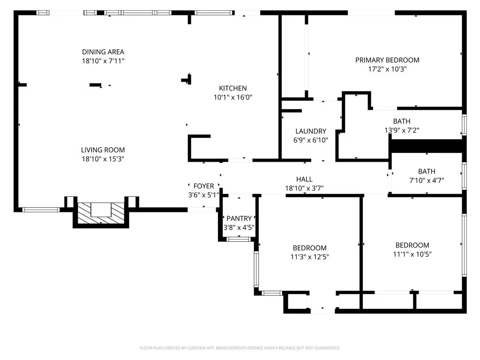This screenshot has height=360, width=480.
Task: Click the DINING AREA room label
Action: (103, 52)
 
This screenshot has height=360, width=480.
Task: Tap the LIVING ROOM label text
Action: (103, 150)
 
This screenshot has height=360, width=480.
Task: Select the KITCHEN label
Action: (233, 88)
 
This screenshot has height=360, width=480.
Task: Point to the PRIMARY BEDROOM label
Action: (387, 60)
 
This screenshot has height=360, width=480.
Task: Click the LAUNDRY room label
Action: (310, 131)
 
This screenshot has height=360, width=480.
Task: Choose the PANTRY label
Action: (239, 218)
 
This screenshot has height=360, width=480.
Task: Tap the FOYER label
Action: (203, 186)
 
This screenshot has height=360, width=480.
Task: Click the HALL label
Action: (304, 179)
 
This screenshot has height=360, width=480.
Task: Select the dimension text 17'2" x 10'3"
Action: (387, 69)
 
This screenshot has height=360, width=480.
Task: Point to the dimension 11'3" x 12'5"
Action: (309, 257)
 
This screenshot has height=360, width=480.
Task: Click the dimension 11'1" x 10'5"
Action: (412, 254)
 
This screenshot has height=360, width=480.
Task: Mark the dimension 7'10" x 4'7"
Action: (427, 180)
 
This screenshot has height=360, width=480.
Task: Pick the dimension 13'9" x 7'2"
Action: (402, 131)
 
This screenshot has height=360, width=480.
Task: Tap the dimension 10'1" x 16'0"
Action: (233, 97)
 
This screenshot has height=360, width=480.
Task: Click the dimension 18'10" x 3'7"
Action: (304, 188)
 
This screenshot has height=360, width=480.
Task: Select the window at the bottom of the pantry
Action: (239, 240)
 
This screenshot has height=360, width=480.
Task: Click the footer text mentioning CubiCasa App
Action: (240, 348)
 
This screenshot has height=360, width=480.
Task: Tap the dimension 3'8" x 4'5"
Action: (239, 228)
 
